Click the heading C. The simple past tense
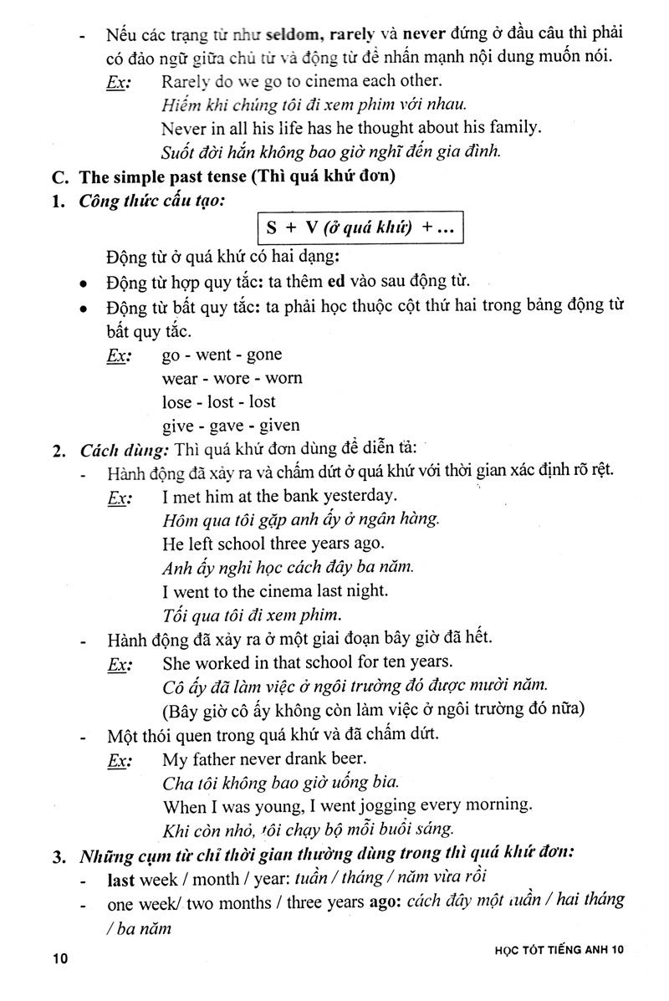click(x=237, y=177)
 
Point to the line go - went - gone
click(x=222, y=355)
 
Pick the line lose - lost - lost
click(x=218, y=401)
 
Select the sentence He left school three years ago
click(x=273, y=543)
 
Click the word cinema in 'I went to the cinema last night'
click(x=298, y=590)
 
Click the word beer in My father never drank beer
click(x=348, y=759)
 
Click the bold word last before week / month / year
click(x=125, y=878)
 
